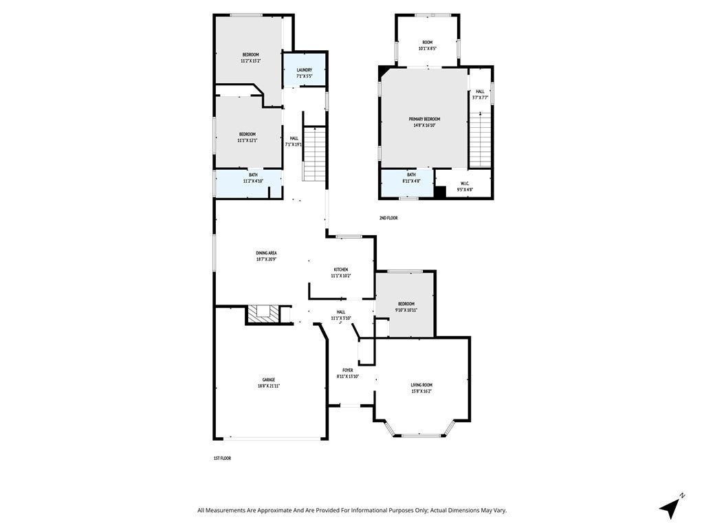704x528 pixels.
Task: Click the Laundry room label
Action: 305,70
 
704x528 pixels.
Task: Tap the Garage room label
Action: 268,379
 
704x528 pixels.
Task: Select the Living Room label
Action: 421,385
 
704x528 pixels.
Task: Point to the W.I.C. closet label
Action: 465,184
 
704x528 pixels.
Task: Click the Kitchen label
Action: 341,269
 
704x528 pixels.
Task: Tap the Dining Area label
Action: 267,253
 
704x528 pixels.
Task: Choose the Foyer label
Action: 348,370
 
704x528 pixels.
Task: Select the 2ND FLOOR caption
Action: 388,218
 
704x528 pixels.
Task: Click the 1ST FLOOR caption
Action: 222,458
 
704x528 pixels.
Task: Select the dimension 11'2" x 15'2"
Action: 250,61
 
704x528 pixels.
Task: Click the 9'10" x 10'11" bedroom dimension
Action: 406,310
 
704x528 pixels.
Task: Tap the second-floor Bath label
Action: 411,175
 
